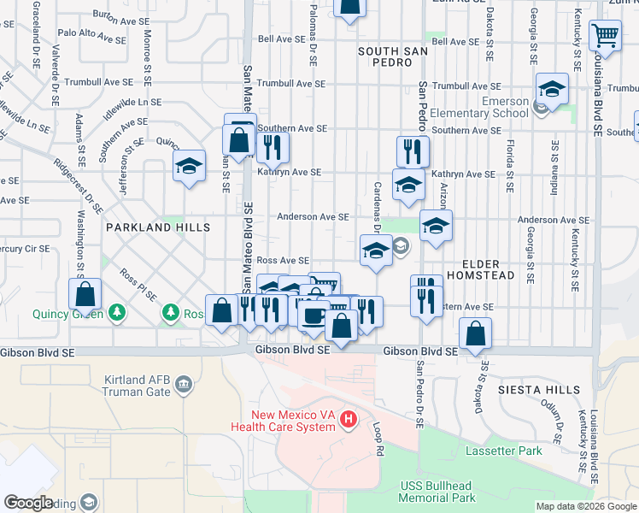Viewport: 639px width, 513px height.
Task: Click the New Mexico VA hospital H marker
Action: [349, 419]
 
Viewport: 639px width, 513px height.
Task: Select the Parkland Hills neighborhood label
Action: [157, 227]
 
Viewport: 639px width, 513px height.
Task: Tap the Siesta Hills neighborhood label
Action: [533, 390]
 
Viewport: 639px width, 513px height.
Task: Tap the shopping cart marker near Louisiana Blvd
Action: [605, 36]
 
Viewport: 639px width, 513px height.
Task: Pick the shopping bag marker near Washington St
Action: [85, 295]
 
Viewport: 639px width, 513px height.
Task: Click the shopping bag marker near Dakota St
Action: [476, 334]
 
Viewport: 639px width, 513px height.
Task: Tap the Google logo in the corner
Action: [28, 503]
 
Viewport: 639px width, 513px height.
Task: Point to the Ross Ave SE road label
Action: [283, 260]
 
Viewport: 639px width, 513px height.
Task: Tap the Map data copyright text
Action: [586, 506]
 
